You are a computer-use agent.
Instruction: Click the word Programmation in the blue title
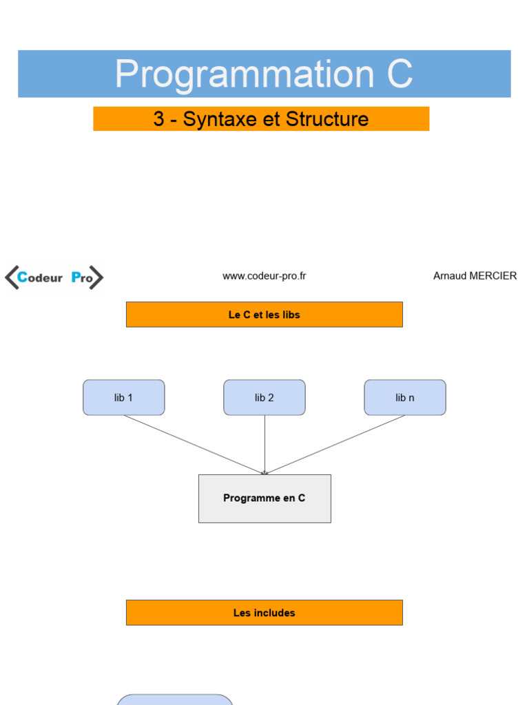[x=245, y=74]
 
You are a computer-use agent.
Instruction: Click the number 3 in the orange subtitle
[x=158, y=118]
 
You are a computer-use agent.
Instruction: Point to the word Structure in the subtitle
[x=327, y=118]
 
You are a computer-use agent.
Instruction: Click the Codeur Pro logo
[x=54, y=277]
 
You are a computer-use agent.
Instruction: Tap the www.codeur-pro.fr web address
[x=264, y=276]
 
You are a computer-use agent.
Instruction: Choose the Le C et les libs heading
[x=264, y=315]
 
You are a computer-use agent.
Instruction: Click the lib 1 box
[x=124, y=397]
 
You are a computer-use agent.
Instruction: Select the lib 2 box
[x=264, y=397]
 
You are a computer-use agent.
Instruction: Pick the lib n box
[x=405, y=397]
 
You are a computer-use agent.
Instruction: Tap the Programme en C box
[x=264, y=498]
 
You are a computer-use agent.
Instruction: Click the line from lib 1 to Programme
[x=194, y=445]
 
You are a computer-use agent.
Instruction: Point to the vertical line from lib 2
[x=264, y=445]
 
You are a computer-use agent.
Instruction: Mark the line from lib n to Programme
[x=335, y=445]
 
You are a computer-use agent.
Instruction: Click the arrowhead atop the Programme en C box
[x=264, y=472]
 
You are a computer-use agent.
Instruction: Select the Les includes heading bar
[x=264, y=612]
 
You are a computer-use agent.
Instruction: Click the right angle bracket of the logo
[x=96, y=277]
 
